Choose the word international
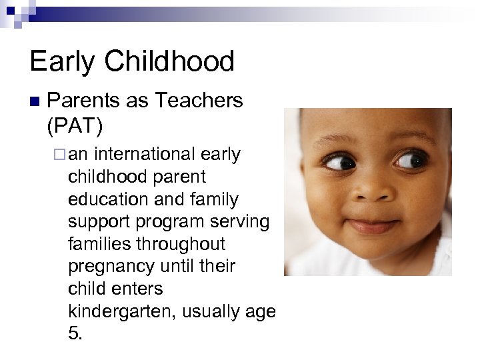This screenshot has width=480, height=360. [x=146, y=155]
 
